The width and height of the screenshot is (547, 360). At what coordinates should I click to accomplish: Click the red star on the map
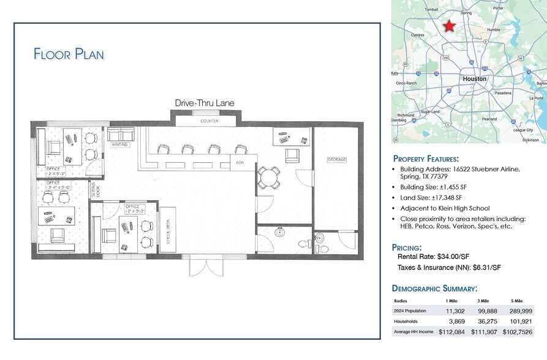coord(449,26)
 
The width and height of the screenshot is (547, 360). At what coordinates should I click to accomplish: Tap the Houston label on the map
coord(474,79)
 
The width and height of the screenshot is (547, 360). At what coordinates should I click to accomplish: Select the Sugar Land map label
coord(430,112)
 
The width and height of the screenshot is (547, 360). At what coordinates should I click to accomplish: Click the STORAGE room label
coord(337,160)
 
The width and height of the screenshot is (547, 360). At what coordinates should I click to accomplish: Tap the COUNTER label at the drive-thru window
coord(209,121)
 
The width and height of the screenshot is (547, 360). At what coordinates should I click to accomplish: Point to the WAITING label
coord(119,145)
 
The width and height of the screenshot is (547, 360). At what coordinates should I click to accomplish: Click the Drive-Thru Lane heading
coord(204,103)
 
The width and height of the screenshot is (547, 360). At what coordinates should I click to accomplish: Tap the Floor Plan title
coord(69,54)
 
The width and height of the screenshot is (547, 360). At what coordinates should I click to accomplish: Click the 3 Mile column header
coord(484,301)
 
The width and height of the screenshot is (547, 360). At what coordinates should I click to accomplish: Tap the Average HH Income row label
coord(413,332)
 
